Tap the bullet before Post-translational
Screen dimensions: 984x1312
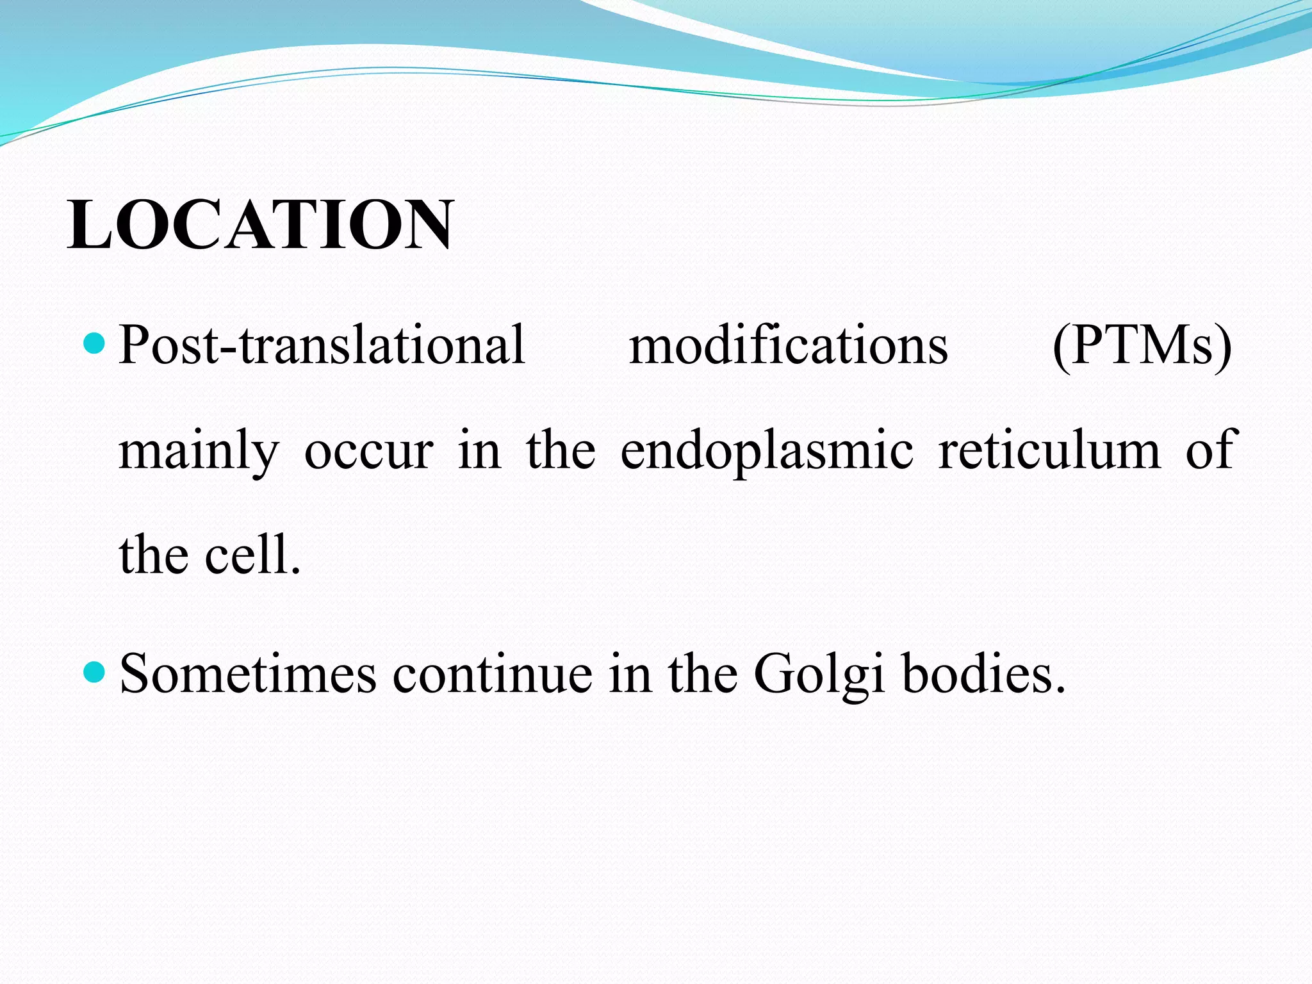94,344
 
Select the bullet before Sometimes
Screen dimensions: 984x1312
94,673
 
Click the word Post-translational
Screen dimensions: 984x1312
322,346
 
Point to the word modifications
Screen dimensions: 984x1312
789,346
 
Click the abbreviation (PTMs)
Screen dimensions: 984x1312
1142,346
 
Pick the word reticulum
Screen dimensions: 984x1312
1049,450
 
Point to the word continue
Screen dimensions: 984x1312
492,674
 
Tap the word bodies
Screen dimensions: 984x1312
983,674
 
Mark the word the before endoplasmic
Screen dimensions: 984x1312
560,450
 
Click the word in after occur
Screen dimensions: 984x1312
479,450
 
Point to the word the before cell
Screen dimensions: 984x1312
153,555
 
